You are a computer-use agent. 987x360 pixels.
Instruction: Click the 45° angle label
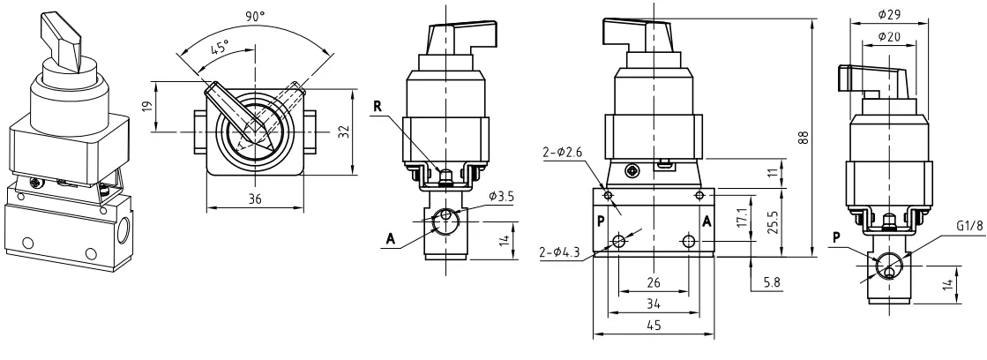[x=220, y=48]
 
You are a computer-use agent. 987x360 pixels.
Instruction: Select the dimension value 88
[x=804, y=138]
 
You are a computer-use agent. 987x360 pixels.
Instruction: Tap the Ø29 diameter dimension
[x=889, y=13]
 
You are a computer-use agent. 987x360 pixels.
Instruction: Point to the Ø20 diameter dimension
[x=889, y=37]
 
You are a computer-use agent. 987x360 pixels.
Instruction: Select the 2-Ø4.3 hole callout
[x=560, y=252]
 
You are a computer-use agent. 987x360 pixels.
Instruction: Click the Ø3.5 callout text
[x=501, y=197]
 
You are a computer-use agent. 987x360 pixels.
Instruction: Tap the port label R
[x=377, y=107]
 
